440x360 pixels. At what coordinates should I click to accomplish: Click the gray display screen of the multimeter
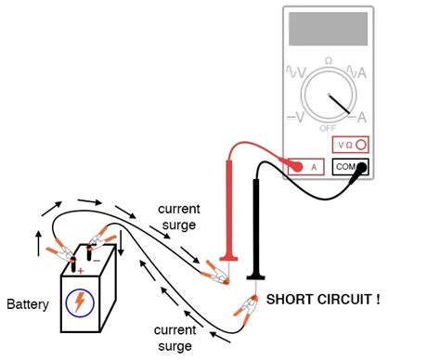(x=329, y=30)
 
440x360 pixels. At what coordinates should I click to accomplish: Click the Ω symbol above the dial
(x=329, y=60)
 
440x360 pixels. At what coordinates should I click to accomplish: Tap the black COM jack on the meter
(x=350, y=168)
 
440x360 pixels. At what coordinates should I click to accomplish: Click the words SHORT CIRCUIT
(x=322, y=301)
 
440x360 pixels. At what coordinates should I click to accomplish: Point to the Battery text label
(x=28, y=304)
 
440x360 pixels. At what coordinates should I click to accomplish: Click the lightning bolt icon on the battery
(x=80, y=302)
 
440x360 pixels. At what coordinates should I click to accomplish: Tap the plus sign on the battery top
(x=80, y=270)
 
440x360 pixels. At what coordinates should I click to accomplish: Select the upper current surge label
(x=178, y=215)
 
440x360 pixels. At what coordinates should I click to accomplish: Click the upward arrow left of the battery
(x=37, y=243)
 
